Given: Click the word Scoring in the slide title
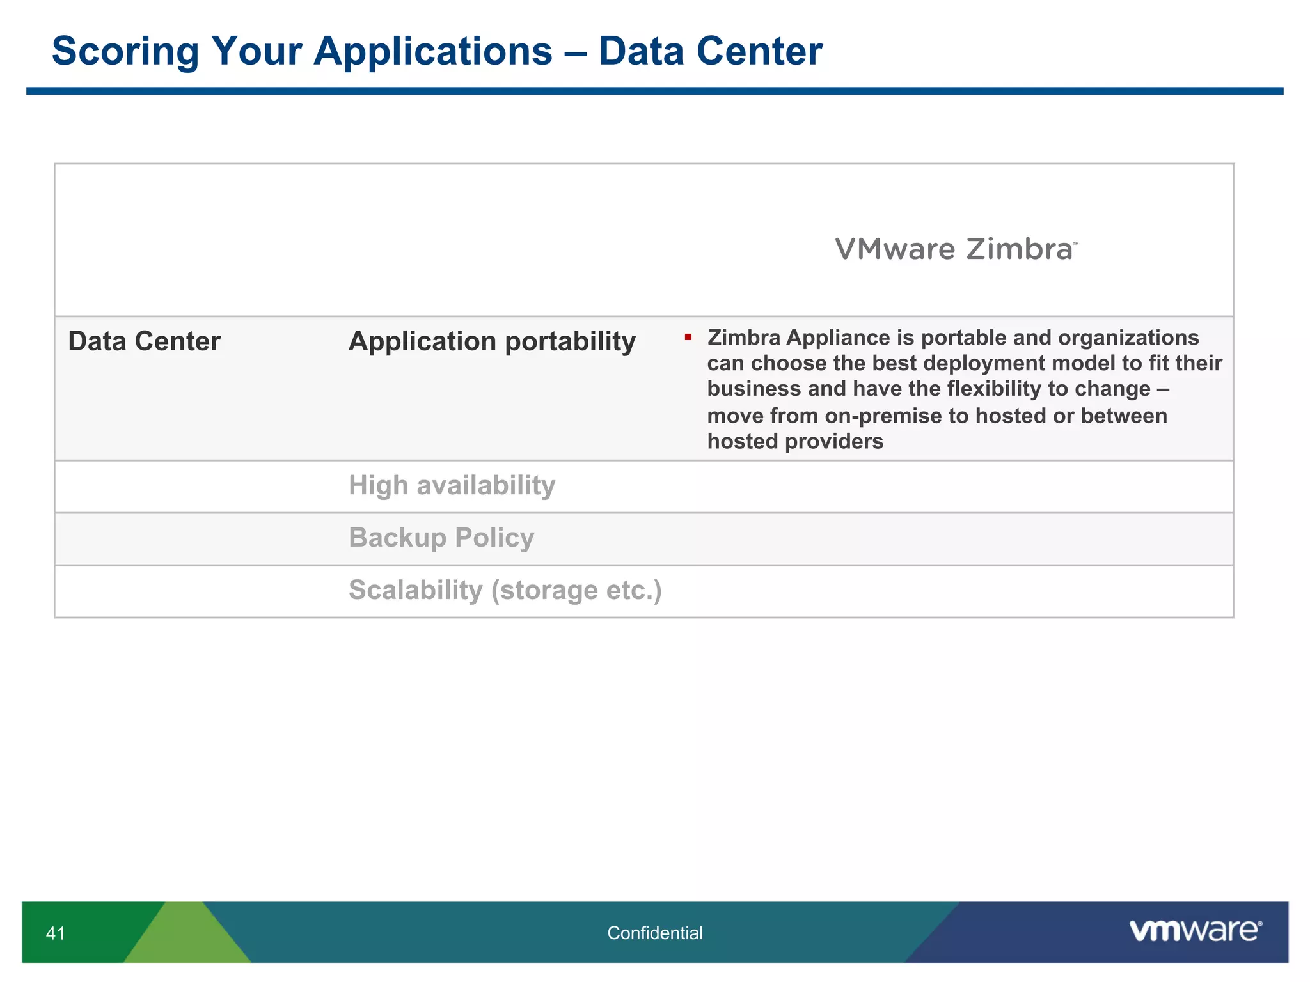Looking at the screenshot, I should [x=125, y=51].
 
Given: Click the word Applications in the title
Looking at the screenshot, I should [x=432, y=51].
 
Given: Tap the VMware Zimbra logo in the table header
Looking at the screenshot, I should [x=956, y=249].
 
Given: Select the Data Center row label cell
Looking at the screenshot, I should [x=144, y=341].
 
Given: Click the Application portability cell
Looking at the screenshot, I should [x=491, y=341].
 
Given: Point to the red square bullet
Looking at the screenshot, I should [x=688, y=337].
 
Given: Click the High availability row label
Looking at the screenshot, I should [x=452, y=485].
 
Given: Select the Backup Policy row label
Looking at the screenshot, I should [x=441, y=538].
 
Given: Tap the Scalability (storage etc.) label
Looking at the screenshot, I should [x=505, y=590].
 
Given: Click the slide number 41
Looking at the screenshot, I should [x=56, y=933].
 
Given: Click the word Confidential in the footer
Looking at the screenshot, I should [x=654, y=933].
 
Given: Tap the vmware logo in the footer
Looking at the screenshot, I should [x=1195, y=931].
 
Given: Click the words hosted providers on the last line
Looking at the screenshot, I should [x=795, y=442].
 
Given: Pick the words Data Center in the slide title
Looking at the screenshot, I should [x=710, y=51].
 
